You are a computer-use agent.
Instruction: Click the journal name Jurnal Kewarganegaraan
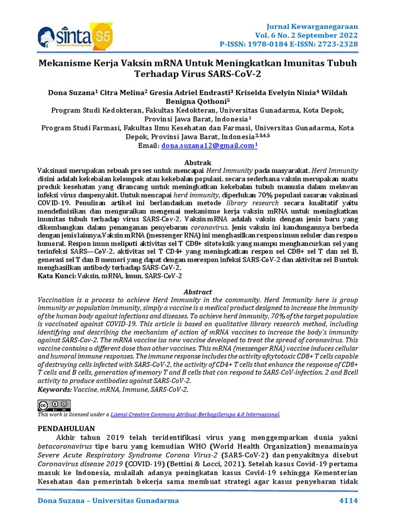coord(318,26)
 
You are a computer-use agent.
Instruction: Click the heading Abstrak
coord(198,162)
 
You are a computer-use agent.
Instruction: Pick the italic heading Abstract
coord(198,292)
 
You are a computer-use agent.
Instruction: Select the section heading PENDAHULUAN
coord(67,428)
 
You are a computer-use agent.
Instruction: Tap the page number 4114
coord(348,501)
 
